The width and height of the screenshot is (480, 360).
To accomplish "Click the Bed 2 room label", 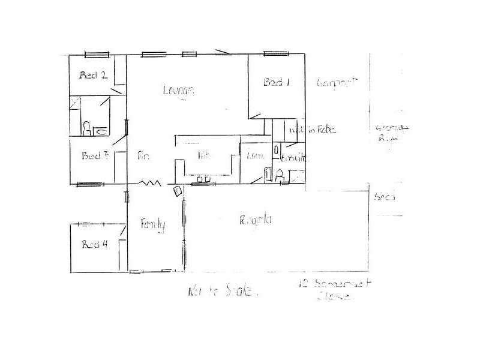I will click(x=94, y=76).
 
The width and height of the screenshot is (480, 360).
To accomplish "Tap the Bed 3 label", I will click(x=94, y=156).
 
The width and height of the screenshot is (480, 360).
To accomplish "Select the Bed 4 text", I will click(x=94, y=244).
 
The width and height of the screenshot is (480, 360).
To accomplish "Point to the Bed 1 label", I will click(x=277, y=83).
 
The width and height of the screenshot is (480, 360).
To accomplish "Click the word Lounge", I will click(x=179, y=91).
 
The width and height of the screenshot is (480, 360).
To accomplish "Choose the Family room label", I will click(x=152, y=224).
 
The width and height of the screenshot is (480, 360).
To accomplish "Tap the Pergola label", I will click(x=256, y=220).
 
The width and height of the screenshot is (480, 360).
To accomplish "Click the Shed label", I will click(x=384, y=197).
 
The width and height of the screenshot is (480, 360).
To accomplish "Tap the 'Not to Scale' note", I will click(x=223, y=293).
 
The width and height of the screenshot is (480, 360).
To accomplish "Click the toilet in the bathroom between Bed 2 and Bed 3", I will click(x=87, y=127).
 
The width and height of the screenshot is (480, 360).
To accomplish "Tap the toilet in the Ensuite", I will click(x=278, y=175).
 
